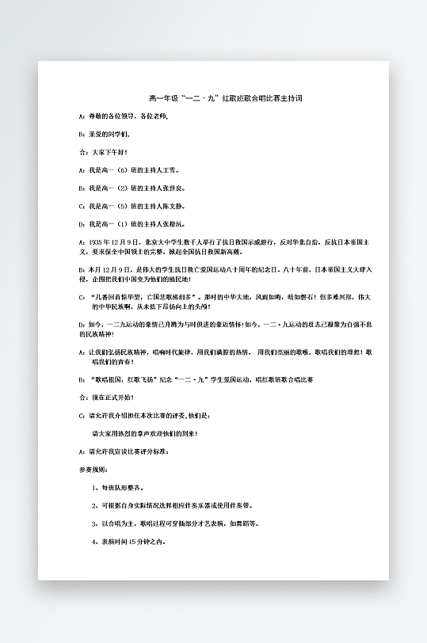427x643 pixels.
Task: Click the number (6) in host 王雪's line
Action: point(122,170)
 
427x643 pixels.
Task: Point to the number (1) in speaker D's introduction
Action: point(122,224)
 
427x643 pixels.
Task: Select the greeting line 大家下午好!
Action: point(109,151)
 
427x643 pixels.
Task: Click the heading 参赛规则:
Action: point(91,470)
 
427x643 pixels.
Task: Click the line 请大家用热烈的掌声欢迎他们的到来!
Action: point(145,434)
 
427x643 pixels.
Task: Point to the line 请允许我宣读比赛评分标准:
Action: point(127,452)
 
